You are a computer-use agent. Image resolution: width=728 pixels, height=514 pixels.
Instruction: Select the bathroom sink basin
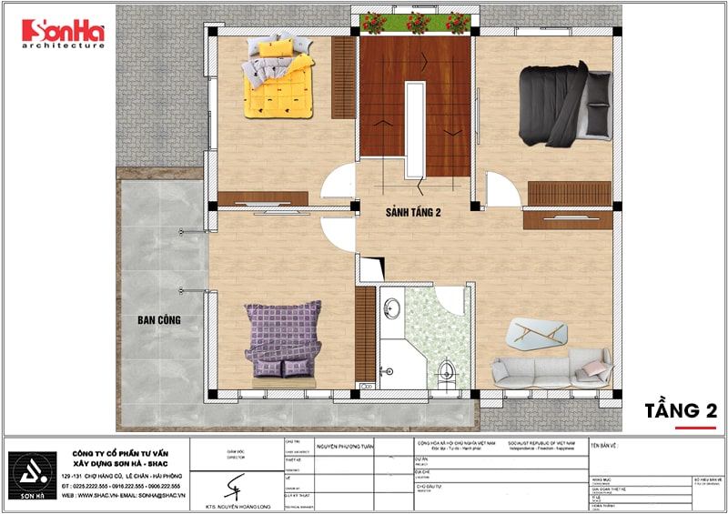(392, 308)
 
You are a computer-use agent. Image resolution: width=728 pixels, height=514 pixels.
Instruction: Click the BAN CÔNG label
(159, 320)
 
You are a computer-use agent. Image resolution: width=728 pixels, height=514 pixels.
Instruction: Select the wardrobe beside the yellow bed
(343, 78)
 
